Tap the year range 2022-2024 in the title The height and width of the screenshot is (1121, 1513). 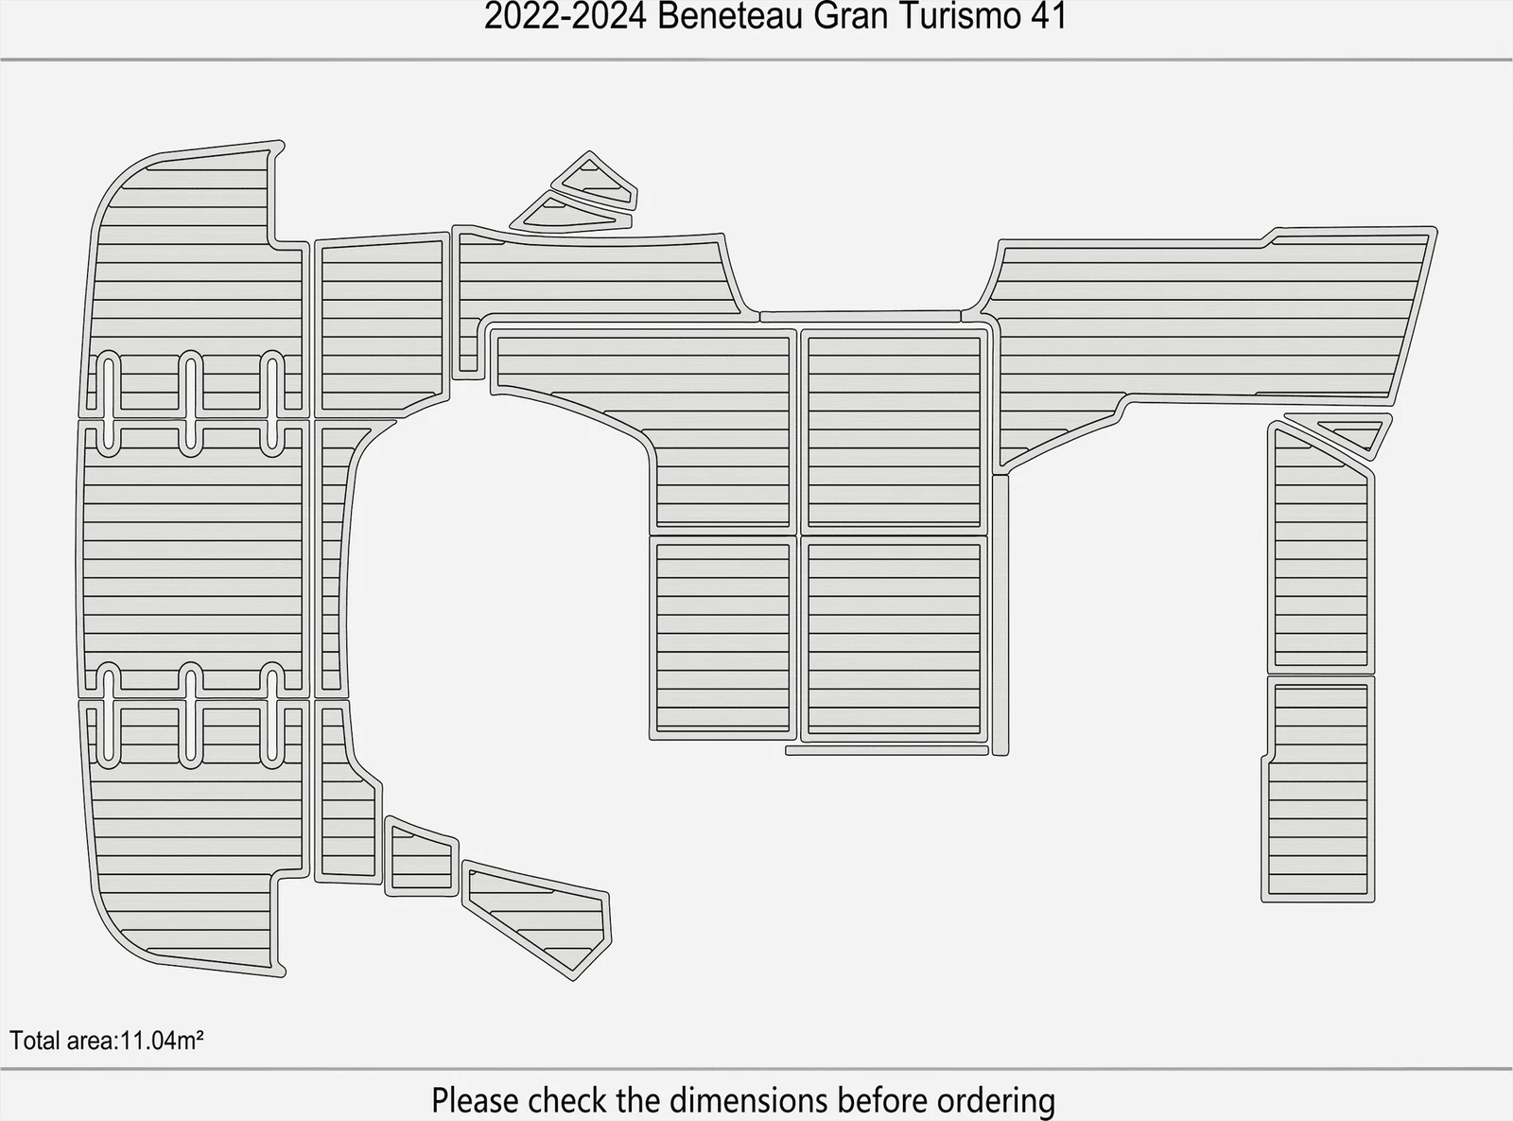pyautogui.click(x=565, y=16)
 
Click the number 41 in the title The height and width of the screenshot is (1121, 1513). pyautogui.click(x=1048, y=16)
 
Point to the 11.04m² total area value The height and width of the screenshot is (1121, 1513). pyautogui.click(x=162, y=1041)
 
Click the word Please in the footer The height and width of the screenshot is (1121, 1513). pyautogui.click(x=477, y=1100)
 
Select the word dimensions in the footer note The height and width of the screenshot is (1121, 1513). pyautogui.click(x=749, y=1100)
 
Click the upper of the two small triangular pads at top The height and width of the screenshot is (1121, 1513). pyautogui.click(x=595, y=182)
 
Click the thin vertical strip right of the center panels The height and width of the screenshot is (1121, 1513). pyautogui.click(x=1000, y=615)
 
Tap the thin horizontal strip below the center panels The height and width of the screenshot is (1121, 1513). pyautogui.click(x=887, y=750)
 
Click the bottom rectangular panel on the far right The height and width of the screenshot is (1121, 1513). pyautogui.click(x=1318, y=789)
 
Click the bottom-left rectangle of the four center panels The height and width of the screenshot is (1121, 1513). pyautogui.click(x=723, y=638)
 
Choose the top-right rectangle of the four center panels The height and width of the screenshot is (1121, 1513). pyautogui.click(x=895, y=431)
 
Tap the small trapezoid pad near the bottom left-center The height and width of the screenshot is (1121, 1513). pyautogui.click(x=421, y=857)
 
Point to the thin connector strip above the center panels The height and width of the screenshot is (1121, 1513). pyautogui.click(x=861, y=317)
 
